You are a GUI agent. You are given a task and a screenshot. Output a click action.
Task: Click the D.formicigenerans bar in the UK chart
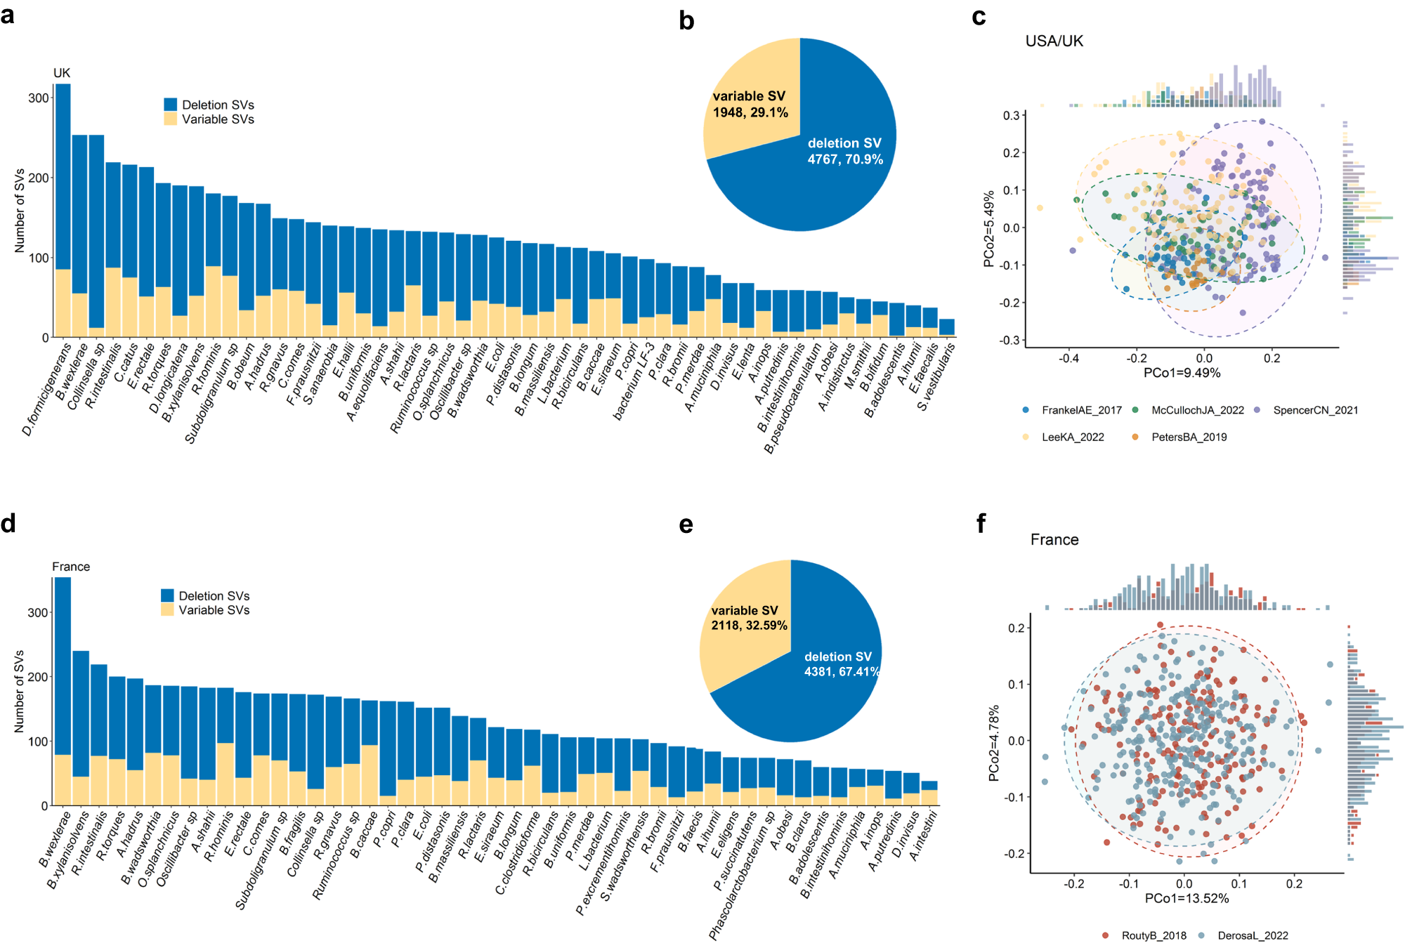[63, 211]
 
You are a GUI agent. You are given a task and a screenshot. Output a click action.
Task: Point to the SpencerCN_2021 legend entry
[1314, 410]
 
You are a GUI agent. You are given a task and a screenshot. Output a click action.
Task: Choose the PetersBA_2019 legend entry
[1188, 437]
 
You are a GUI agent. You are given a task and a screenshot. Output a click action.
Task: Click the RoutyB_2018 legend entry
[1153, 935]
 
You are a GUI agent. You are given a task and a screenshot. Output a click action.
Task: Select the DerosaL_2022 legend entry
[1252, 935]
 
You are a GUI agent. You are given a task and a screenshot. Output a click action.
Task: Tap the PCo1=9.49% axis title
[1182, 373]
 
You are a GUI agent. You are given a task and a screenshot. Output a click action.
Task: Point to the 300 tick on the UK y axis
[39, 98]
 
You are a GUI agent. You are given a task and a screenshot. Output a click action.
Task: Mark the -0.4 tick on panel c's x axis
[1069, 358]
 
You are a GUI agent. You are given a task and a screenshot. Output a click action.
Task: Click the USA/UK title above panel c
[1054, 41]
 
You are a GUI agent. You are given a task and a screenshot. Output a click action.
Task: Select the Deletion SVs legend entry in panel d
[214, 595]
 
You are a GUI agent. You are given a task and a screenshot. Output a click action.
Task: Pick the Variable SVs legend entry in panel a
[217, 119]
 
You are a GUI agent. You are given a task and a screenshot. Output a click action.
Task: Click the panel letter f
[981, 524]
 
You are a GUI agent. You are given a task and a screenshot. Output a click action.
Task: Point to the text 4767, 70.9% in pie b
[845, 159]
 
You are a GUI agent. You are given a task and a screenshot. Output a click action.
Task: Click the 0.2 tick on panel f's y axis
[1017, 628]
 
